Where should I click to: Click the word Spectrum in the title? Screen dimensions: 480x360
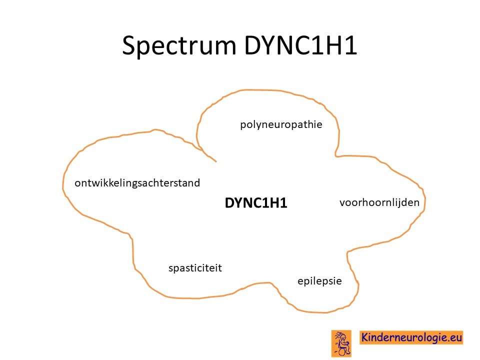point(179,46)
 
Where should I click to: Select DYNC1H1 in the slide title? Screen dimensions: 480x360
point(300,45)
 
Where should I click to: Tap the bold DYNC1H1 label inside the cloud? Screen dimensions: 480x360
point(256,203)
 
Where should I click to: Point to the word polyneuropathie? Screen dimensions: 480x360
point(281,125)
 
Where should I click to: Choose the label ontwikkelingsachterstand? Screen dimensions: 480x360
point(137,183)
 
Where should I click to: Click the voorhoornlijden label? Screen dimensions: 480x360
point(379,202)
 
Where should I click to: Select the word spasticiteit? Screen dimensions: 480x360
point(195,268)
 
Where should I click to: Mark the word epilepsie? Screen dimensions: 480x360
point(319,281)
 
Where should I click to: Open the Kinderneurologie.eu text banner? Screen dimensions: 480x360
point(411,337)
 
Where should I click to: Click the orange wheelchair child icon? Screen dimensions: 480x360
point(341,343)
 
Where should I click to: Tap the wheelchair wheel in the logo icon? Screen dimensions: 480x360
point(342,352)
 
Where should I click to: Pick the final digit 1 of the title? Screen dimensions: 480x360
point(352,45)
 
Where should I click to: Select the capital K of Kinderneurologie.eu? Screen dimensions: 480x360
point(365,337)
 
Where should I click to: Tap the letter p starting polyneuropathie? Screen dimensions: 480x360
point(243,126)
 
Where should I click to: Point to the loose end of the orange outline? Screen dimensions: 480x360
point(216,161)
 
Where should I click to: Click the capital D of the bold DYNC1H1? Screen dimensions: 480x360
point(229,203)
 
